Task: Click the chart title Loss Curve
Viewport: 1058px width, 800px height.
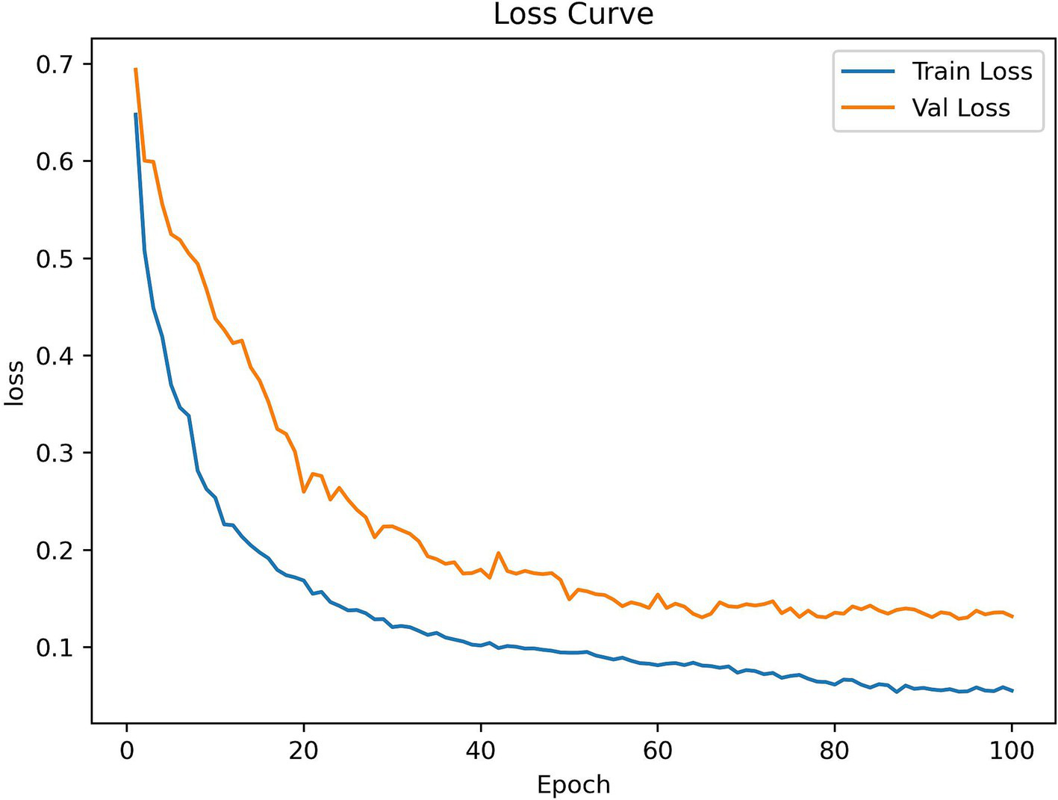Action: [x=573, y=14]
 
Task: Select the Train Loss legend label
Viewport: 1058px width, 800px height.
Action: [x=971, y=72]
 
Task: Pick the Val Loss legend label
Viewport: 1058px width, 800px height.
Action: [x=960, y=108]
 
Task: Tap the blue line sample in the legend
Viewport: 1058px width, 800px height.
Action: [x=868, y=72]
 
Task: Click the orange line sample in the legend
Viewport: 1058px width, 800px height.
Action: [x=868, y=108]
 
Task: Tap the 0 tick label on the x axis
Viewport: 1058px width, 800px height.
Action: [x=127, y=750]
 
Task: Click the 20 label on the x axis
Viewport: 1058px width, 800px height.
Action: [x=304, y=750]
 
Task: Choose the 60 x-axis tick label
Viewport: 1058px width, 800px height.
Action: [x=657, y=750]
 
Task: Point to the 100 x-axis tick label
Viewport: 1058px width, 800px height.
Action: [x=1012, y=750]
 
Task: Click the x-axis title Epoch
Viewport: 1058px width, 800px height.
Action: [x=573, y=784]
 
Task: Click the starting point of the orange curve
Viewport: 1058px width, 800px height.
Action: [x=136, y=69]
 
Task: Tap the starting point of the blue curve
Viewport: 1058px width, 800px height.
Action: [x=136, y=114]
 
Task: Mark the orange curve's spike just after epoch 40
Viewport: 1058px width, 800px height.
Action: [x=498, y=553]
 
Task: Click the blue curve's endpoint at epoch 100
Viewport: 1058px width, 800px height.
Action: [x=1012, y=691]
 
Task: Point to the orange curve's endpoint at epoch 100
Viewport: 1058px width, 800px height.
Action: [x=1012, y=616]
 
